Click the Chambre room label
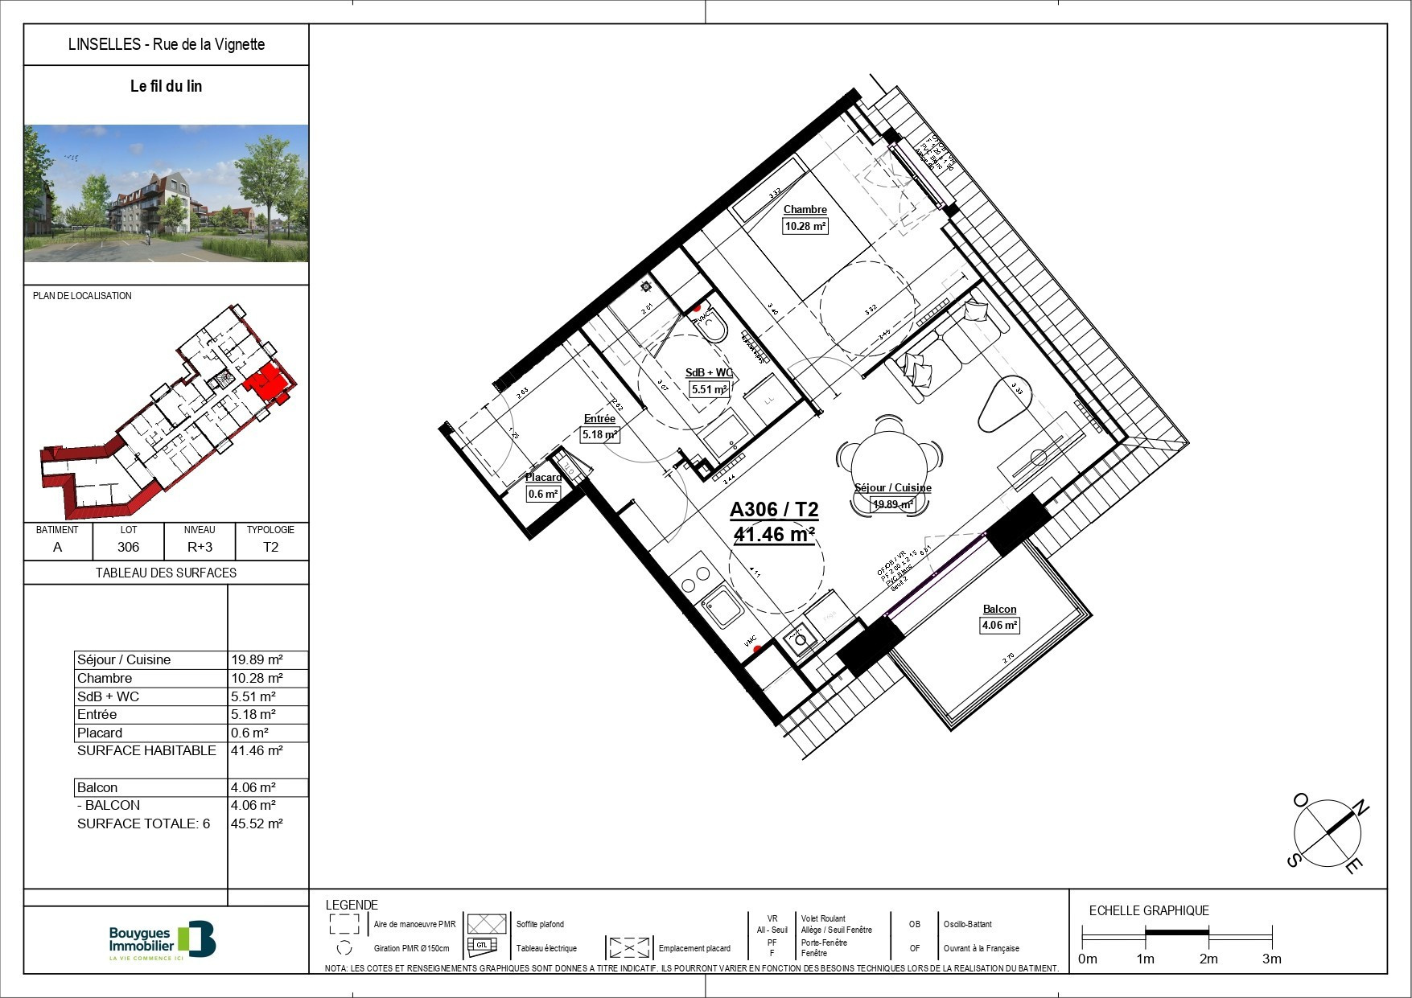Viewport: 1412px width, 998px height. click(x=805, y=210)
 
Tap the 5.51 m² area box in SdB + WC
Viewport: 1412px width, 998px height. click(x=710, y=389)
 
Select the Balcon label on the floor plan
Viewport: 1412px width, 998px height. click(x=999, y=610)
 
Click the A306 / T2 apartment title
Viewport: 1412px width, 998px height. click(x=773, y=510)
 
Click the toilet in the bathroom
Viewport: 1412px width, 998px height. click(x=711, y=327)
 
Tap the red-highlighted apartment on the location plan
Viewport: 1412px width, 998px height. click(x=269, y=381)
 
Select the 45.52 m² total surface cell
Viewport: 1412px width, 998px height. click(x=257, y=823)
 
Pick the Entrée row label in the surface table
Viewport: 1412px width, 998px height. click(x=97, y=714)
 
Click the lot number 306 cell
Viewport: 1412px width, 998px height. click(x=128, y=547)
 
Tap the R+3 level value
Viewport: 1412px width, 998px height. click(x=200, y=547)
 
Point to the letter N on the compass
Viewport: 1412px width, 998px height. click(x=1359, y=807)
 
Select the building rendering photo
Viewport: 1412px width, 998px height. click(x=167, y=193)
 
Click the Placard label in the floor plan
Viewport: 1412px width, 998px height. click(x=543, y=478)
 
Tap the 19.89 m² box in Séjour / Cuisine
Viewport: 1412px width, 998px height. click(x=893, y=504)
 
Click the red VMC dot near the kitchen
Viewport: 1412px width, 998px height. click(x=757, y=648)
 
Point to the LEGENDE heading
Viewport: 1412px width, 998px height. click(x=352, y=905)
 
